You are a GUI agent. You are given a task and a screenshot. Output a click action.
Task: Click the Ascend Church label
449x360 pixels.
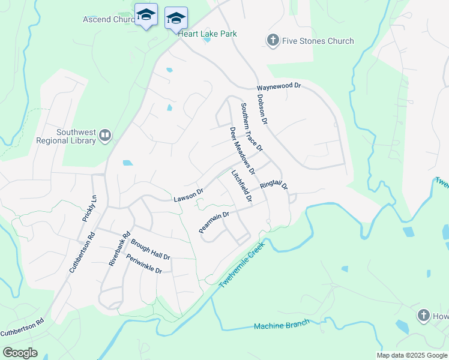click(108, 19)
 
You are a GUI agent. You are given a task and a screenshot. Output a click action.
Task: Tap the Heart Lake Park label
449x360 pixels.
click(207, 34)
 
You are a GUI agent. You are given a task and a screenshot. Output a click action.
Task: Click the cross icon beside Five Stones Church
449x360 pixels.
click(273, 41)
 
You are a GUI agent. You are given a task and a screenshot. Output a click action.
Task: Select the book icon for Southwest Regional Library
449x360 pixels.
click(105, 136)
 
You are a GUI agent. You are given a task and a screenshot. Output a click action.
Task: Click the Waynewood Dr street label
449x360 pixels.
click(278, 86)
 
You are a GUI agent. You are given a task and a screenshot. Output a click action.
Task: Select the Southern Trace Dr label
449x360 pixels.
click(252, 127)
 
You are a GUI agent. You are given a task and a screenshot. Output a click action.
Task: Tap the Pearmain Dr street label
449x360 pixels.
click(214, 223)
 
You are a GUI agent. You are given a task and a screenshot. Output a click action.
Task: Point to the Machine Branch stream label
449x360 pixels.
click(281, 325)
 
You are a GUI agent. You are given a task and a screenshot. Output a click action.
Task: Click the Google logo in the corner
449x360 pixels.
click(20, 353)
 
